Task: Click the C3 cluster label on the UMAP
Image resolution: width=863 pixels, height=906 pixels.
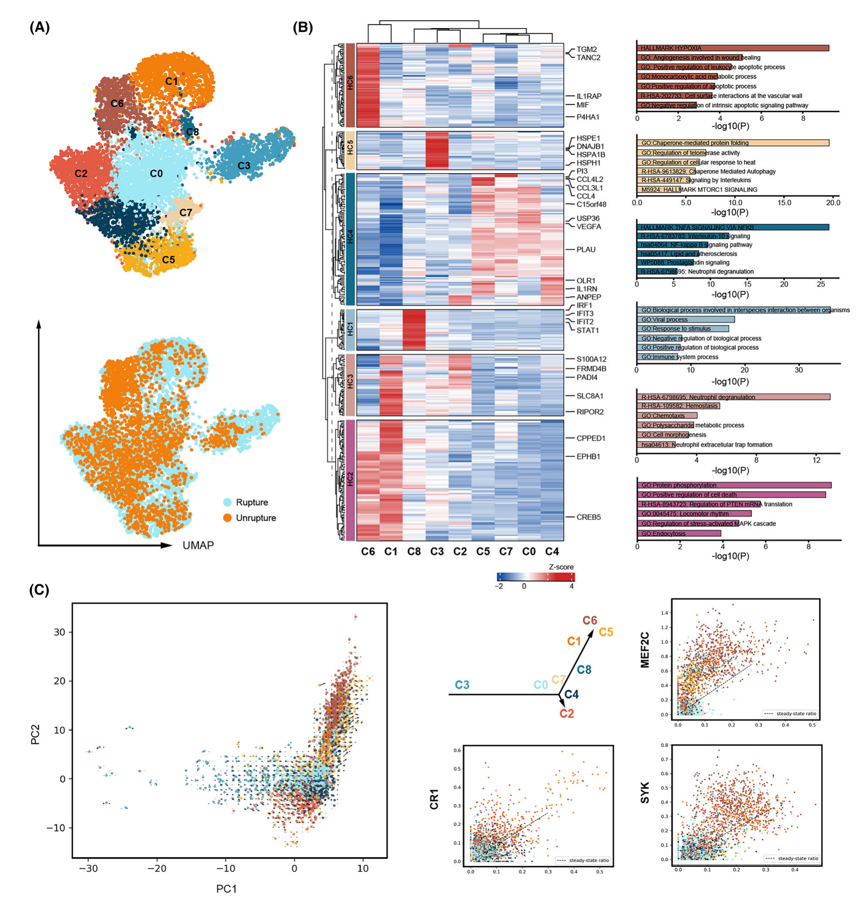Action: [244, 165]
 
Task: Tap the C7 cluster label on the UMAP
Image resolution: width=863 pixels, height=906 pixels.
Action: [186, 212]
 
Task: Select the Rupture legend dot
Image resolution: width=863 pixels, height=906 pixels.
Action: [227, 503]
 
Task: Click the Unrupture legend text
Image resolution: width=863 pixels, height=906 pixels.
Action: [256, 518]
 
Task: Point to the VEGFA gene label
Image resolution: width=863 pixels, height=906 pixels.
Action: [589, 226]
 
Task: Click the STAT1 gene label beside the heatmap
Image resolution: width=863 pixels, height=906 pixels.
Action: [588, 330]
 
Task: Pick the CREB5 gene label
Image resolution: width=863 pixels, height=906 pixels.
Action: [589, 517]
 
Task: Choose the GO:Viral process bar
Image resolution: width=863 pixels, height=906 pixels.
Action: [686, 320]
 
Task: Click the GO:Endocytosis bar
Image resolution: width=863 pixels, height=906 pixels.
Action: [679, 533]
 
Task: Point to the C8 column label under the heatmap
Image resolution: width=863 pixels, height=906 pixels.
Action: [414, 552]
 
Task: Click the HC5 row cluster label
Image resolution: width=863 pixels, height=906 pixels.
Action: [350, 150]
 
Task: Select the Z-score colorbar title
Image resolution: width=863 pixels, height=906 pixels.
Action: [561, 567]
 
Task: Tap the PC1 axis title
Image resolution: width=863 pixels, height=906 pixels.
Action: [226, 889]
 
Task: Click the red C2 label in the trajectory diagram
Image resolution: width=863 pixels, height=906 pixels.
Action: [567, 713]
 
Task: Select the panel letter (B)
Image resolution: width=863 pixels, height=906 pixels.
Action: [303, 28]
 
